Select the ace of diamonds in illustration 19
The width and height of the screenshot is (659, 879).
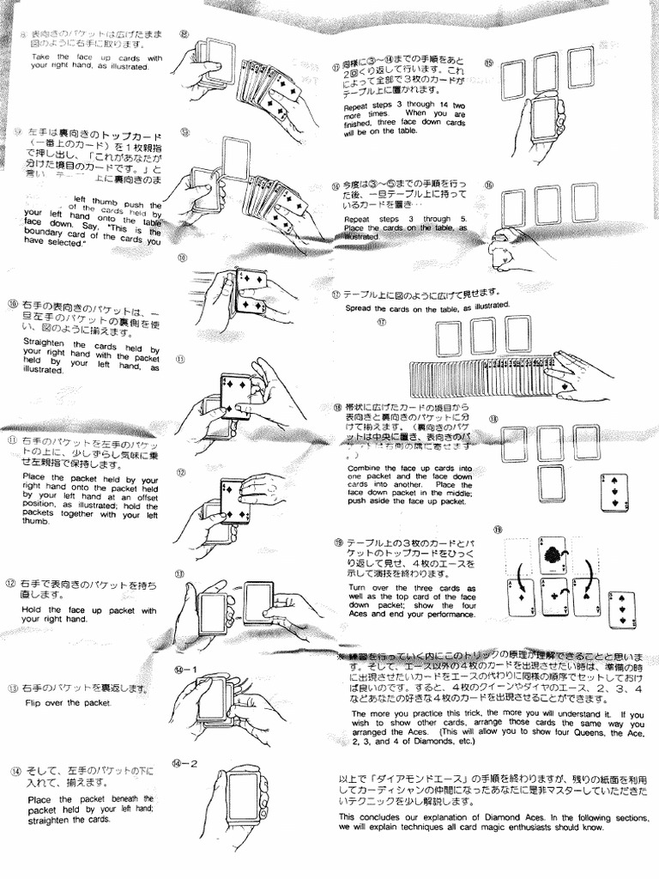pyautogui.click(x=522, y=597)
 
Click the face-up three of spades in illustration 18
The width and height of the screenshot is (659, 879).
pyautogui.click(x=614, y=492)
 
